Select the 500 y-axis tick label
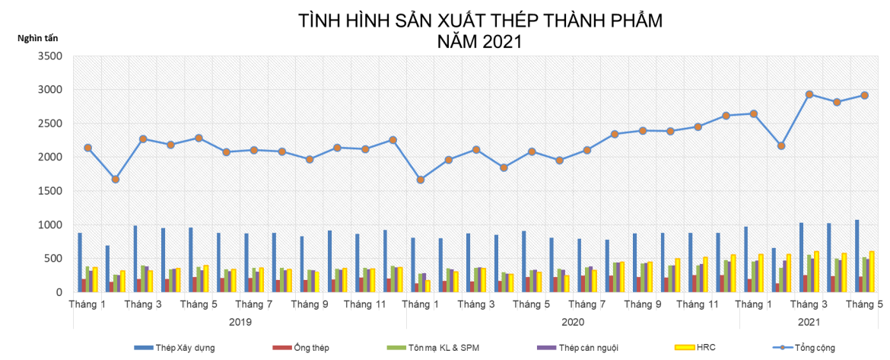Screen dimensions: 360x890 coord(54,259)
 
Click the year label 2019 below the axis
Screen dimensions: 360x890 coord(240,322)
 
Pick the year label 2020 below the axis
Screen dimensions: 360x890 coord(573,322)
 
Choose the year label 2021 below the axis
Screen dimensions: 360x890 coord(809,322)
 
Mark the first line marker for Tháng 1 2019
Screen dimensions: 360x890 coord(87,148)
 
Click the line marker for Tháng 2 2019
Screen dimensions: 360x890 coord(116,179)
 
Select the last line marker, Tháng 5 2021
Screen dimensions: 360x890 coord(865,95)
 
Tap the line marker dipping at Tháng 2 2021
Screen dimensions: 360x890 coord(781,145)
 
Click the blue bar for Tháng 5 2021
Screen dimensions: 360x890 coord(857,256)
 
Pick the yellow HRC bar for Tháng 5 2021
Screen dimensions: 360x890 coord(872,272)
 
